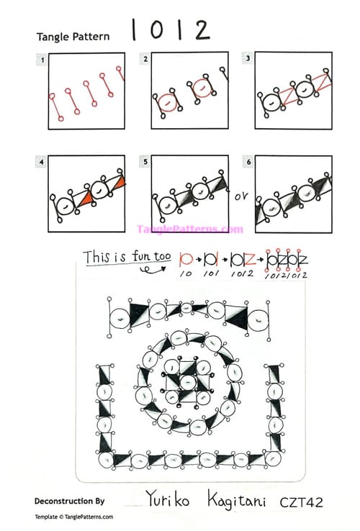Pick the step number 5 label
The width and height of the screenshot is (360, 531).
pyautogui.click(x=145, y=163)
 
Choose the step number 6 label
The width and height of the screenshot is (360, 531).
pyautogui.click(x=248, y=163)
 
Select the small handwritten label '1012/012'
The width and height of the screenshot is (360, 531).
pyautogui.click(x=287, y=274)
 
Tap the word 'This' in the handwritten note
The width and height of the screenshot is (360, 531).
pyautogui.click(x=96, y=256)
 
